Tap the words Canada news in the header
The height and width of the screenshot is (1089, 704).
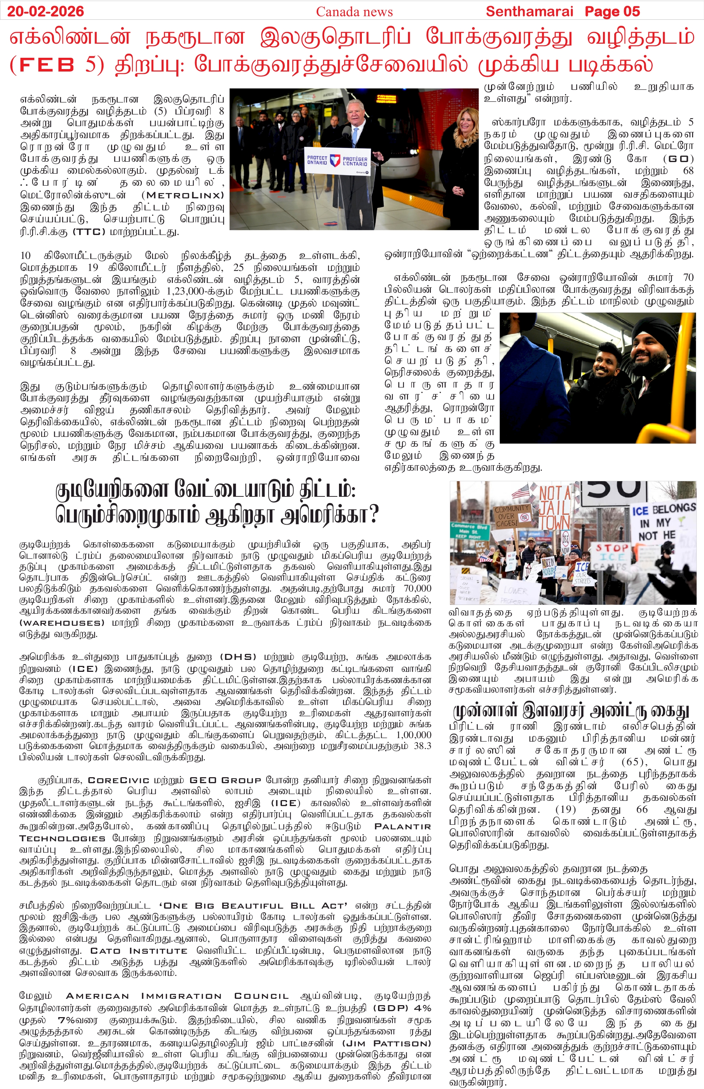coord(354,11)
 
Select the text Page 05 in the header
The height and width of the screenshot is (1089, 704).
coord(612,11)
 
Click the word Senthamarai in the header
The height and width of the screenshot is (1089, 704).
coord(529,11)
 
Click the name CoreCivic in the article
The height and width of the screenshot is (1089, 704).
coord(118,780)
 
